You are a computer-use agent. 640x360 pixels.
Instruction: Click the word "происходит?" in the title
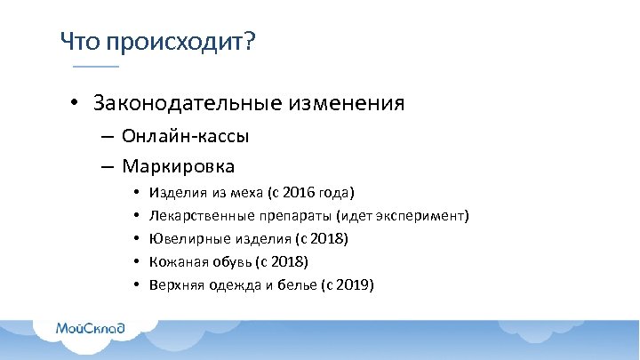[x=180, y=43]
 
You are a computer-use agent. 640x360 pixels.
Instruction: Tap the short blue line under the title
[x=95, y=67]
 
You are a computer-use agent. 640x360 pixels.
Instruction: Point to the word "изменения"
[x=346, y=104]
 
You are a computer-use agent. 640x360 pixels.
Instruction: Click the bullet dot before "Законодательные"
[x=77, y=105]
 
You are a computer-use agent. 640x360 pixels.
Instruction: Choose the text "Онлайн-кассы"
[x=186, y=137]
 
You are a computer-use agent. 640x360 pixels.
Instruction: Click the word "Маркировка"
[x=179, y=166]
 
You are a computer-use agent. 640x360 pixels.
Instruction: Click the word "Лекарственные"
[x=195, y=216]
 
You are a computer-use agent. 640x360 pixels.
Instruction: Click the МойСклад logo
[x=91, y=328]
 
